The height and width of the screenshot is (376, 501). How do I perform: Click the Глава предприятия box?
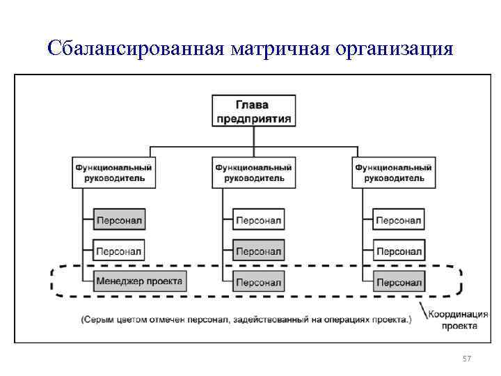(253, 111)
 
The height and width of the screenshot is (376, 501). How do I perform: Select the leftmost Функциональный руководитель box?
(113, 173)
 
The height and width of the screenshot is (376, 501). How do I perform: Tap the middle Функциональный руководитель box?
(253, 173)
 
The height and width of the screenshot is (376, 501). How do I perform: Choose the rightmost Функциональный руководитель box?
(393, 173)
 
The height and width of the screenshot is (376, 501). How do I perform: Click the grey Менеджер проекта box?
(139, 282)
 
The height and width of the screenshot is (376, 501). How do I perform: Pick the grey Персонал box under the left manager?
(119, 221)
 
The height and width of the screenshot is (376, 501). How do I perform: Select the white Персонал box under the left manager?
(119, 251)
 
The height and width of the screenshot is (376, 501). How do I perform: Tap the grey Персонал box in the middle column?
(258, 251)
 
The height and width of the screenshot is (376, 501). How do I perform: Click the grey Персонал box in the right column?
(398, 282)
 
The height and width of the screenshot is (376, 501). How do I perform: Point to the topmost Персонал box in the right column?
(398, 221)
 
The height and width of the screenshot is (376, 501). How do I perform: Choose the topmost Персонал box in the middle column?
(258, 221)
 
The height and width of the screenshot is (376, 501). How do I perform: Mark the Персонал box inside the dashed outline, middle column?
(258, 282)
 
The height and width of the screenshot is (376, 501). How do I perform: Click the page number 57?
(467, 359)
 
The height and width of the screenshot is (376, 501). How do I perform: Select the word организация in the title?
(395, 49)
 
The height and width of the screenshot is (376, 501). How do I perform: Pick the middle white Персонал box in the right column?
(398, 251)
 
